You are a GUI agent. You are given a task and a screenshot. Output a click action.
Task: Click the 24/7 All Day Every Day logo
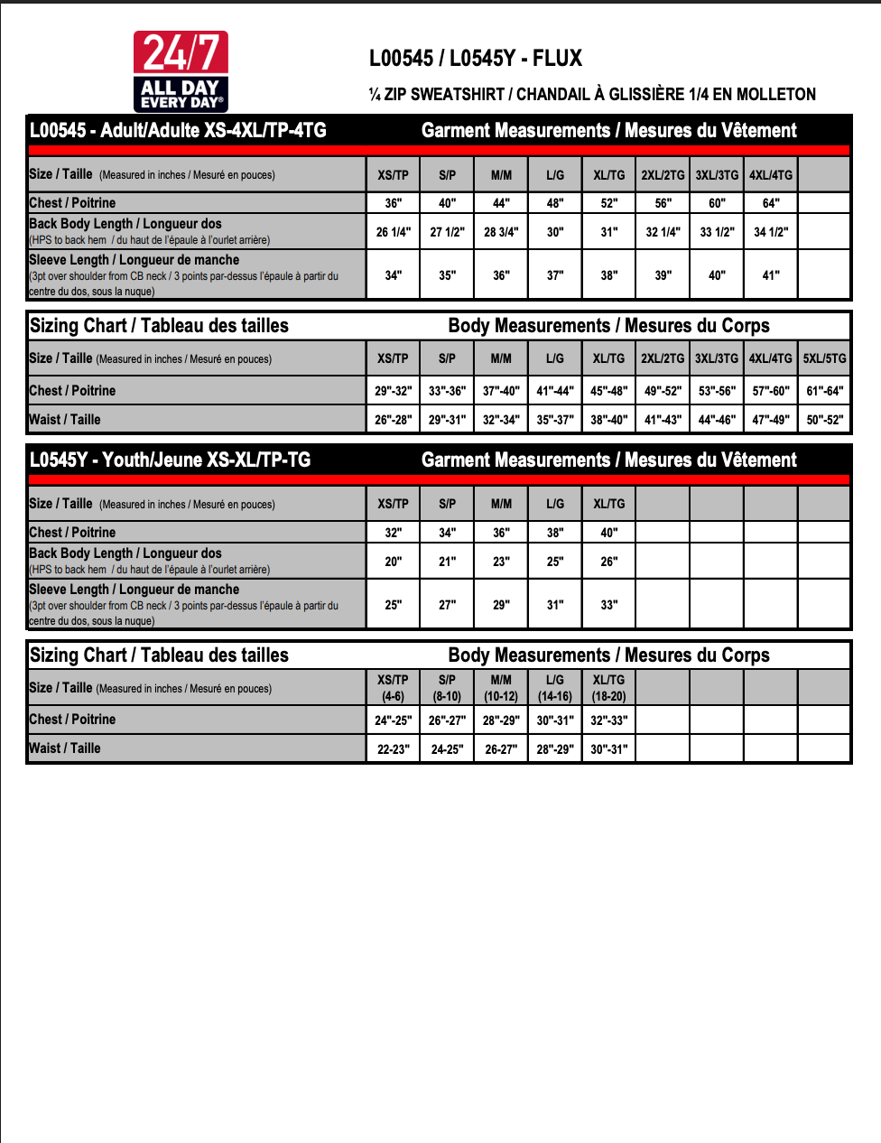pyautogui.click(x=181, y=71)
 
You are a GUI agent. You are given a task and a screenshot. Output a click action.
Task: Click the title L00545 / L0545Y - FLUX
pyautogui.click(x=476, y=59)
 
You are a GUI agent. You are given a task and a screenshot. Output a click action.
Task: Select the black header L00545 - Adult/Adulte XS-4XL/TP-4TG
pyautogui.click(x=178, y=130)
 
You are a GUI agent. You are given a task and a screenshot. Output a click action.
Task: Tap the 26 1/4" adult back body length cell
pyautogui.click(x=394, y=232)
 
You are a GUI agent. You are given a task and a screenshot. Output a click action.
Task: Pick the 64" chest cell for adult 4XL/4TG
pyautogui.click(x=771, y=203)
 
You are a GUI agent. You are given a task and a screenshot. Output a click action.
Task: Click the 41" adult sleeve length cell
pyautogui.click(x=771, y=275)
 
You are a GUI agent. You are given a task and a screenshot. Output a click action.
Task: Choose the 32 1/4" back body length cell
pyautogui.click(x=663, y=232)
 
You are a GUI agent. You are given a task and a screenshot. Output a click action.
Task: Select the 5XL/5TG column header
pyautogui.click(x=825, y=358)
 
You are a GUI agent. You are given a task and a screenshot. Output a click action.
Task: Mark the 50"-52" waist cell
pyautogui.click(x=825, y=420)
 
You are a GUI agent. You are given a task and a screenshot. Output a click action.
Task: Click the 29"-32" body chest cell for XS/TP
pyautogui.click(x=394, y=391)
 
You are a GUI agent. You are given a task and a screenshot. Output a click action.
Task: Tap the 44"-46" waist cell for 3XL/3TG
pyautogui.click(x=717, y=420)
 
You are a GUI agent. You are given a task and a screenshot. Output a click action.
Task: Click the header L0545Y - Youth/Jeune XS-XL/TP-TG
pyautogui.click(x=170, y=460)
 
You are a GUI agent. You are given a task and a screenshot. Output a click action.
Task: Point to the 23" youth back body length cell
pyautogui.click(x=501, y=562)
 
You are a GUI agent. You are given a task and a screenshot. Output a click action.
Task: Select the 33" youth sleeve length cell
pyautogui.click(x=609, y=605)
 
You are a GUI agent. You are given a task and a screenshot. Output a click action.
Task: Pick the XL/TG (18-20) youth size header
pyautogui.click(x=609, y=688)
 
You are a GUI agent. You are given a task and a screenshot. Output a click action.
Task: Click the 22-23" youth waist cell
pyautogui.click(x=394, y=749)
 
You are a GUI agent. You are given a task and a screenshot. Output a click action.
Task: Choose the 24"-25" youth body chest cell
pyautogui.click(x=394, y=720)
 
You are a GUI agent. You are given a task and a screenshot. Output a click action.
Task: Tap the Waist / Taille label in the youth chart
pyautogui.click(x=65, y=748)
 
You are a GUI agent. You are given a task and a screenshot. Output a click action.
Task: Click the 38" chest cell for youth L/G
pyautogui.click(x=555, y=533)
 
